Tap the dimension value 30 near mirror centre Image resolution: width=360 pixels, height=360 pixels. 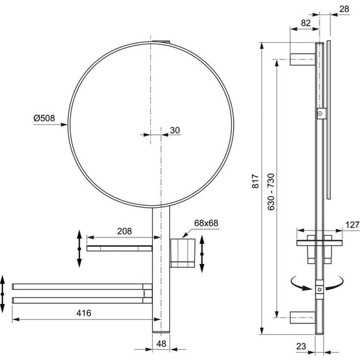pos(175,130)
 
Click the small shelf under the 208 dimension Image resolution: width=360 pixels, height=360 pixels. pos(119,248)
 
